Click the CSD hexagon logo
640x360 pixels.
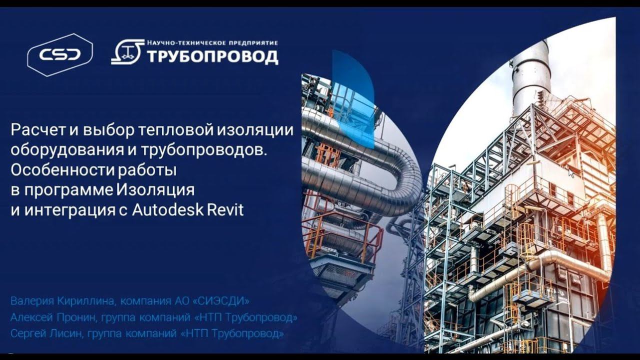coord(60,54)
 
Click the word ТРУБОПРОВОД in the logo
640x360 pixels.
coord(212,56)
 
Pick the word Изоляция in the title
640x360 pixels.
coord(155,190)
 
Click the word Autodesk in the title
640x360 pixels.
coord(168,210)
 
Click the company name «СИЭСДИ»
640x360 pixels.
coord(224,301)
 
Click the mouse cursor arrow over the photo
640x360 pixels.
coord(571,172)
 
